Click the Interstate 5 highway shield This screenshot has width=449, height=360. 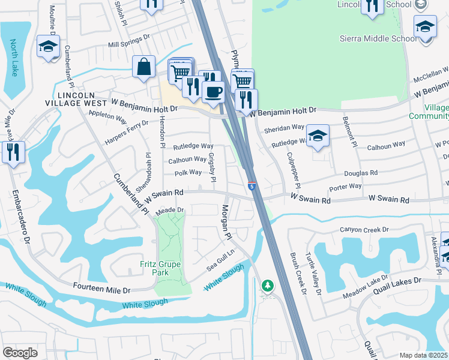click(252, 187)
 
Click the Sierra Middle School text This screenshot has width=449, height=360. click(378, 39)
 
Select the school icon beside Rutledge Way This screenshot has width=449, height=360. click(318, 136)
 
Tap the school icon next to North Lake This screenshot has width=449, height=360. click(48, 46)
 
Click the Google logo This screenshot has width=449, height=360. click(20, 352)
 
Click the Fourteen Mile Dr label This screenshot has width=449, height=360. click(101, 290)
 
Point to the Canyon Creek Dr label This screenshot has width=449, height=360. click(364, 229)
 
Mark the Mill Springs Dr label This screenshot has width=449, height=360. click(128, 41)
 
